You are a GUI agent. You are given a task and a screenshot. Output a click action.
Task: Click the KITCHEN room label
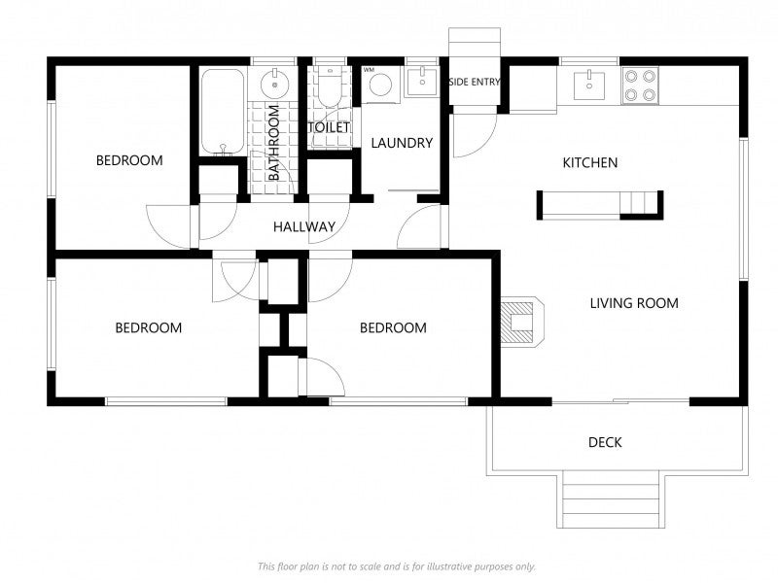tap(590, 162)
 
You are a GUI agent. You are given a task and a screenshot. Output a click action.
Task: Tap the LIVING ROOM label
tap(634, 303)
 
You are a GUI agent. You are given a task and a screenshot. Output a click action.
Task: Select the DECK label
tap(605, 442)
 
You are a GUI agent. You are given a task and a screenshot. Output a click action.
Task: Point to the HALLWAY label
tap(304, 227)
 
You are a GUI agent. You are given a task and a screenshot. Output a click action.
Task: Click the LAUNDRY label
tap(402, 143)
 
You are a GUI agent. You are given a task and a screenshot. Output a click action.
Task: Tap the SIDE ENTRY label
tap(475, 82)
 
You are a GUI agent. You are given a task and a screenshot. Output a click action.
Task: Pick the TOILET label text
tap(329, 127)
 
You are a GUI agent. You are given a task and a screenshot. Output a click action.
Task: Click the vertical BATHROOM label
tap(274, 142)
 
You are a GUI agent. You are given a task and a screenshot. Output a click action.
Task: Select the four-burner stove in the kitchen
tap(640, 86)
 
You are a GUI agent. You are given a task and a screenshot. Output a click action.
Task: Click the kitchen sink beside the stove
tap(589, 86)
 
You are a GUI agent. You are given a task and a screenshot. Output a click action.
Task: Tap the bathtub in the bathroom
tap(223, 112)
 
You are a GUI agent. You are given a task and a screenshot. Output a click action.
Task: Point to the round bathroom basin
tap(275, 85)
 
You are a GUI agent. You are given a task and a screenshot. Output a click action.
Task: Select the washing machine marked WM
tap(380, 85)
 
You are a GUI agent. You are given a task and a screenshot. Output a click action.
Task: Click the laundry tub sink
tap(422, 82)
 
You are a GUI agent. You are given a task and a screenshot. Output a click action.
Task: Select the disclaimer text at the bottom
tap(397, 566)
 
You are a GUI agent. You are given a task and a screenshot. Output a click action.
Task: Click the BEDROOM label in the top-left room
tap(129, 160)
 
